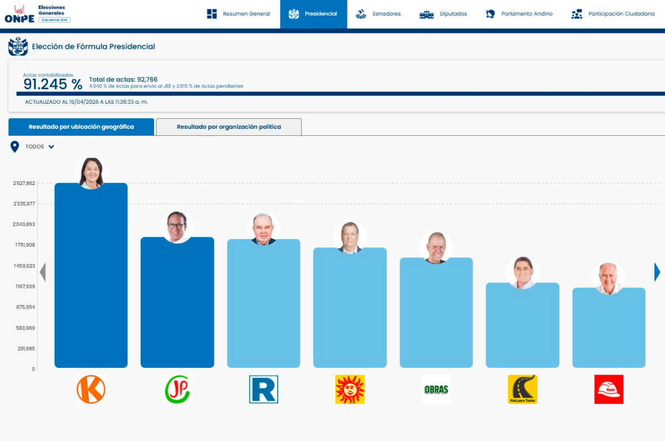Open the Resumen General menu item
[239, 14]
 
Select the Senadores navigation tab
[378, 14]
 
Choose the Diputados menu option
[443, 14]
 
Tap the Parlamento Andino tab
[519, 14]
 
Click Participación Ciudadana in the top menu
[613, 14]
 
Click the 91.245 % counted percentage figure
[53, 84]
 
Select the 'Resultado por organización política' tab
[229, 127]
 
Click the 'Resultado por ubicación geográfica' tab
[81, 127]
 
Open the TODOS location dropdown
[39, 147]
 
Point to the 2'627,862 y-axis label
[24, 183]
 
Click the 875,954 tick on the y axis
[25, 307]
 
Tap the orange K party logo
[91, 389]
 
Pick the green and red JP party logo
[177, 389]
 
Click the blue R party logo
[264, 389]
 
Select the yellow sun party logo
[350, 389]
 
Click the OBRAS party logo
[436, 389]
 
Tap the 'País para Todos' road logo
[523, 389]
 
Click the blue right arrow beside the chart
[657, 272]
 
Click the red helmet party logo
[608, 389]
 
